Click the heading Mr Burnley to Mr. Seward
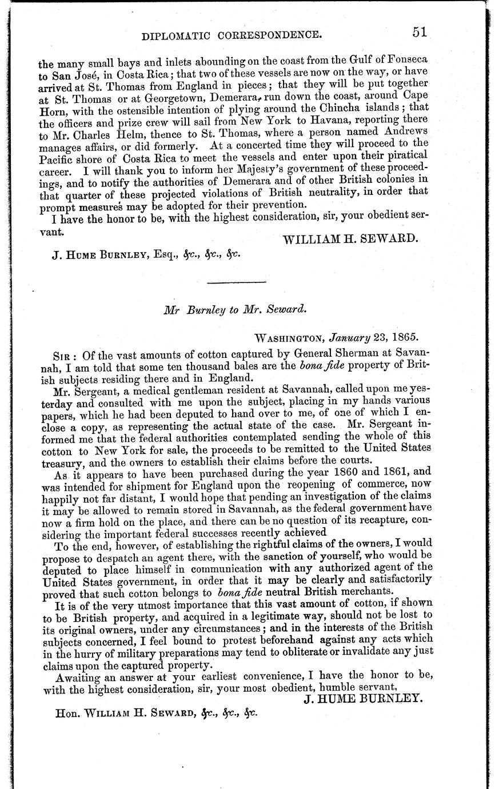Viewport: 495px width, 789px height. pos(235,309)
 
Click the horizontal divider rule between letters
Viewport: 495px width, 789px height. pos(235,282)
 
